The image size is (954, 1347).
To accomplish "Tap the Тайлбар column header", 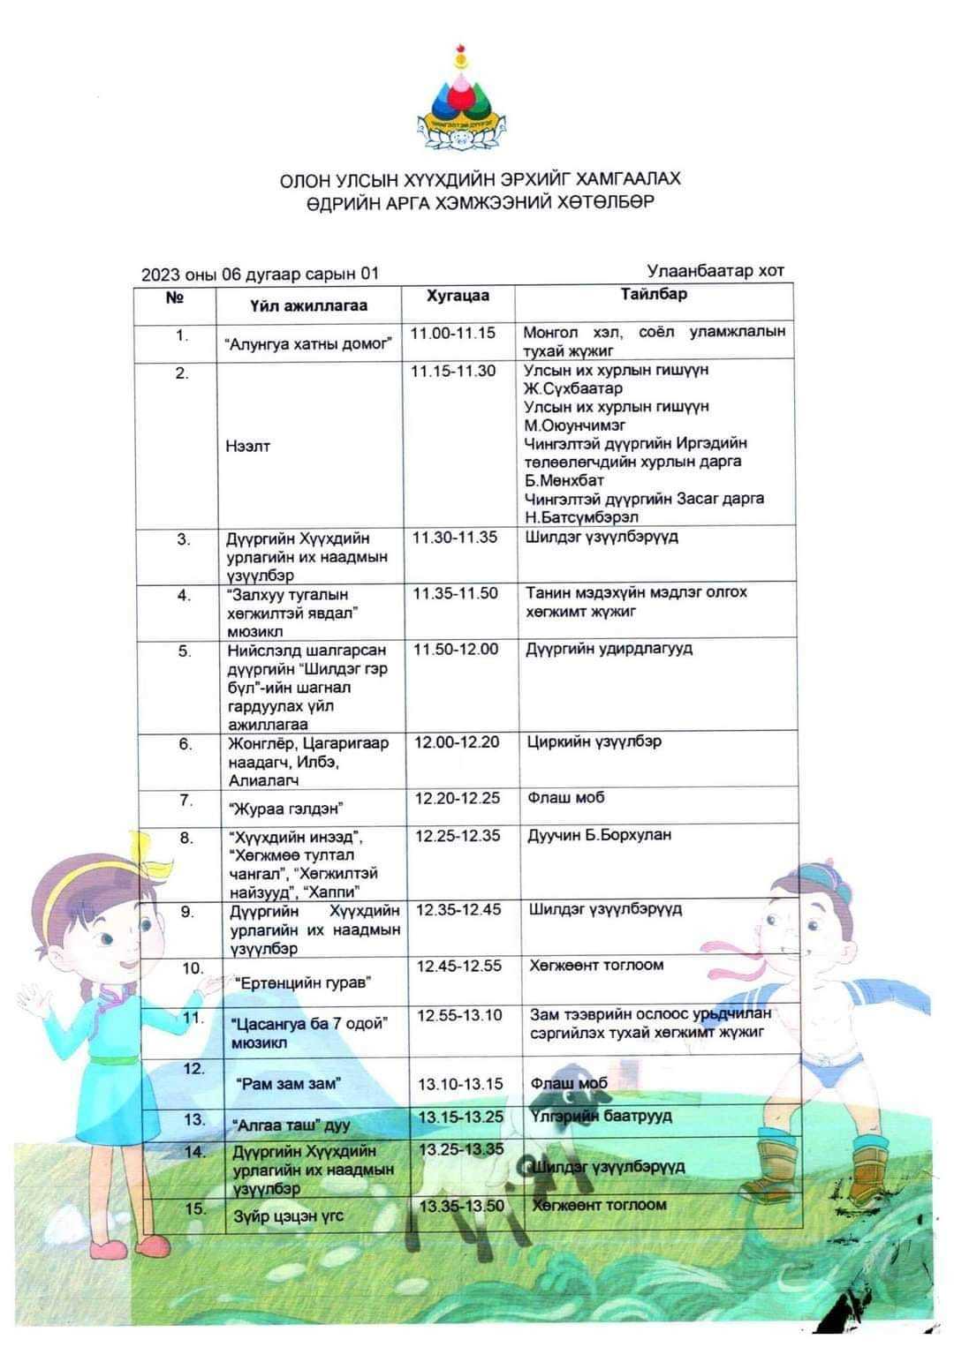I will click(653, 295).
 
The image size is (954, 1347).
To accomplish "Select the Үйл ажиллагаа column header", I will click(308, 306).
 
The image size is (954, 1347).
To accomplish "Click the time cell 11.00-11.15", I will click(453, 334).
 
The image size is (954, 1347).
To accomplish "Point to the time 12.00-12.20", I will click(457, 742).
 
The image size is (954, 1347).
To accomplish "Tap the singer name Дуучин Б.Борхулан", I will click(600, 835).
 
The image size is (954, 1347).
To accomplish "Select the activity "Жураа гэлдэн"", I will click(285, 809).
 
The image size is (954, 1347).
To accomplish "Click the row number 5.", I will click(184, 651).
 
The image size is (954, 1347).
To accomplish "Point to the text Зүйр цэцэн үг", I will click(288, 1217).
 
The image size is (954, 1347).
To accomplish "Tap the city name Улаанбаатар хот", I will click(715, 271).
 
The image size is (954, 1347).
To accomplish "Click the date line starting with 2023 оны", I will click(260, 275).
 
